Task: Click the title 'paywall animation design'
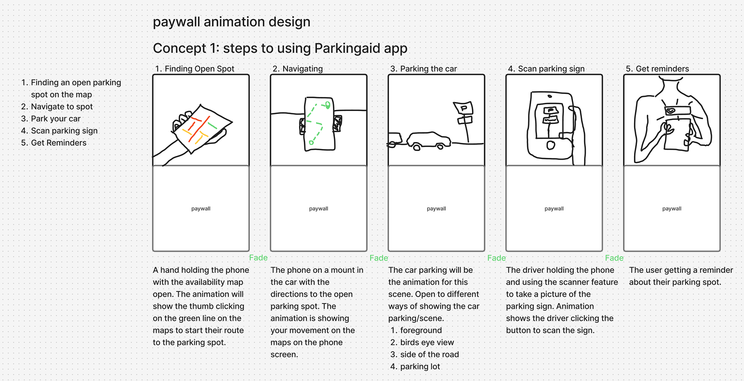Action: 231,22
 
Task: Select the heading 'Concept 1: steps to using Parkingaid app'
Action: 280,48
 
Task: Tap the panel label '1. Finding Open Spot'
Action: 195,69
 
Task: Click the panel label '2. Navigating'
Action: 298,69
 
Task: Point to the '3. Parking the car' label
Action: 424,69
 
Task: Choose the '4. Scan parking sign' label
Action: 546,69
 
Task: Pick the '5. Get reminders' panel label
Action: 658,69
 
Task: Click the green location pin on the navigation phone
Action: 328,105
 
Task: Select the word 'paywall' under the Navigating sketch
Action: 319,209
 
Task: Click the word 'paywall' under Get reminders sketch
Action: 672,209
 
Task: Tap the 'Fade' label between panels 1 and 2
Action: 258,258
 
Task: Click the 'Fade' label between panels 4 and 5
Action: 614,258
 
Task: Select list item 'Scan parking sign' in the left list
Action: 64,131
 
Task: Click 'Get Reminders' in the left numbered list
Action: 59,143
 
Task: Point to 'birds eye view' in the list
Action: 427,342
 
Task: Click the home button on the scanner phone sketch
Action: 551,145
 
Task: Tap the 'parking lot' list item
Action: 420,366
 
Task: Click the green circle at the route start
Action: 311,143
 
